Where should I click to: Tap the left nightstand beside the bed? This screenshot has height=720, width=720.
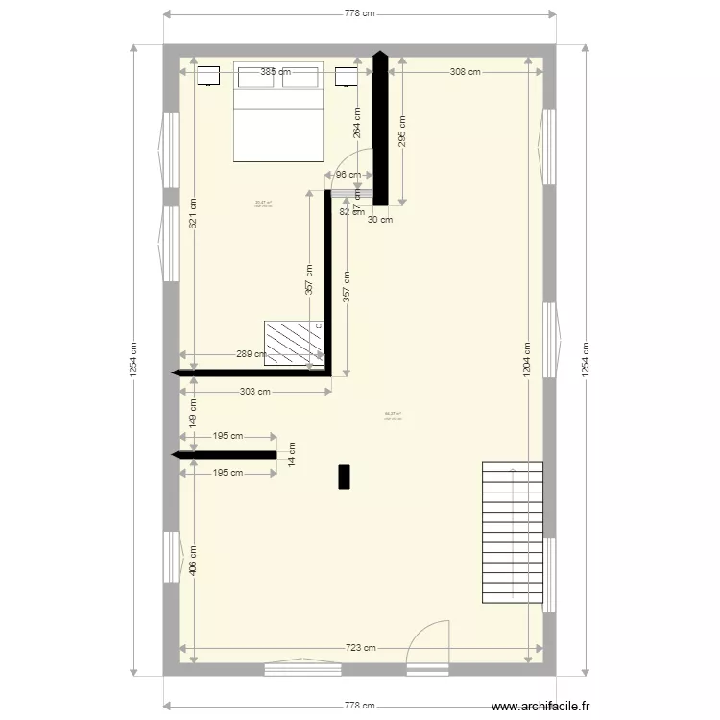click(208, 76)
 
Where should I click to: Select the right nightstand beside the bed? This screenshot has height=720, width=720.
click(346, 76)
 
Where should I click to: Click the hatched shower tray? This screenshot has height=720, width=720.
click(294, 343)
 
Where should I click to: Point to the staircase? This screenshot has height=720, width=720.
click(512, 532)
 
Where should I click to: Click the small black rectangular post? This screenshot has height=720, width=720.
click(344, 476)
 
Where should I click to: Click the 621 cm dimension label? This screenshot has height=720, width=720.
click(194, 212)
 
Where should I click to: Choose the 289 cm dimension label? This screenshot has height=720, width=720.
click(252, 354)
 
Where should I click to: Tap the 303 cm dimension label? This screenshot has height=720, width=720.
click(255, 391)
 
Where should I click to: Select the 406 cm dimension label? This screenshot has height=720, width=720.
click(194, 561)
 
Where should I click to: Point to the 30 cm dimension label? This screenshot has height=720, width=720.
click(380, 220)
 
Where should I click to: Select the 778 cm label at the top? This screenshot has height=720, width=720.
click(359, 13)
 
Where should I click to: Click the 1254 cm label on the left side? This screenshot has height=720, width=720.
click(133, 360)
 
